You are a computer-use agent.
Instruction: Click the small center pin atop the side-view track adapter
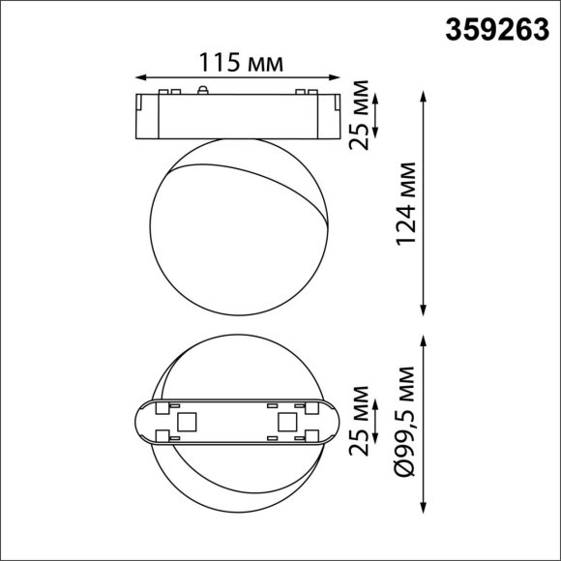203,89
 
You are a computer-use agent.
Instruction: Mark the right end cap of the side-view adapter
335,115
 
